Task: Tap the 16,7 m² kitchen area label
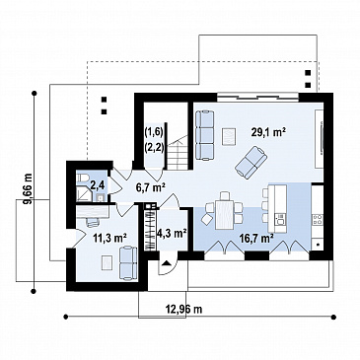pos(259,238)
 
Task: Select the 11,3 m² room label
pos(106,237)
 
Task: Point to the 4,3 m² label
pos(172,234)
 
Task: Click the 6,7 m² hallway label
pos(150,187)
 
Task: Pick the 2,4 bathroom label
pos(98,185)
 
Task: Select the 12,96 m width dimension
pos(183,309)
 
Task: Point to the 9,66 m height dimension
pos(28,188)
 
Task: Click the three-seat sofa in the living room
pos(205,135)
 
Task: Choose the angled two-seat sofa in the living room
pos(251,163)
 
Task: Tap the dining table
pos(225,215)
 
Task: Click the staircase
pos(179,153)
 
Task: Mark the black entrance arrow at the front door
pos(167,262)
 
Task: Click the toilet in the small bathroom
pos(82,179)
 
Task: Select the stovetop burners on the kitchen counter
pos(318,219)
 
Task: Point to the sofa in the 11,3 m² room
pos(128,263)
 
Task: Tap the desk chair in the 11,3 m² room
pos(93,222)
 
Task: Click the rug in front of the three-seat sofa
pos(229,136)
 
